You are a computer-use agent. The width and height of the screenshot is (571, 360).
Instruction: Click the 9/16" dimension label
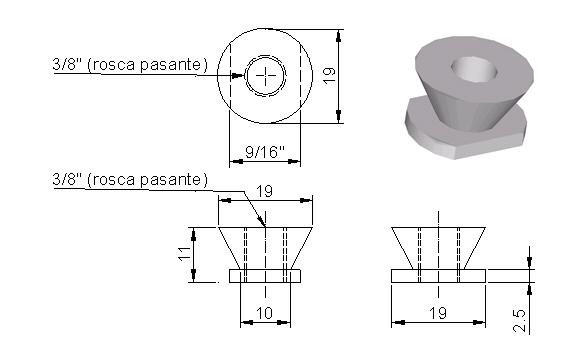coord(265,151)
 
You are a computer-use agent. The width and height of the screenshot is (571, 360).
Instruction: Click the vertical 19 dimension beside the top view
coord(330,76)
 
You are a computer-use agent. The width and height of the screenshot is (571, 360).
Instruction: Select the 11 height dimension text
coord(185,253)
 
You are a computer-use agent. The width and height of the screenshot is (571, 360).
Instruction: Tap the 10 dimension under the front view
coord(265,313)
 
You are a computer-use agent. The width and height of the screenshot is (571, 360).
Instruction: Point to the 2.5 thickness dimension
coord(520,321)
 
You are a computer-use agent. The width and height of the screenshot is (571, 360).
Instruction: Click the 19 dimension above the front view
coord(264,191)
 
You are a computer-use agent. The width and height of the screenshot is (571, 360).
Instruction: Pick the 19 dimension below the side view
coord(438,313)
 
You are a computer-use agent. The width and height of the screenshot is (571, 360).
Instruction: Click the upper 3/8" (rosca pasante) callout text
coord(130,64)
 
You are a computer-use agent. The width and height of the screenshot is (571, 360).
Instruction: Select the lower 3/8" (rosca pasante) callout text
coord(130,179)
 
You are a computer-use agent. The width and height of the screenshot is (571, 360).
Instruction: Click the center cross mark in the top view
coord(265,76)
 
